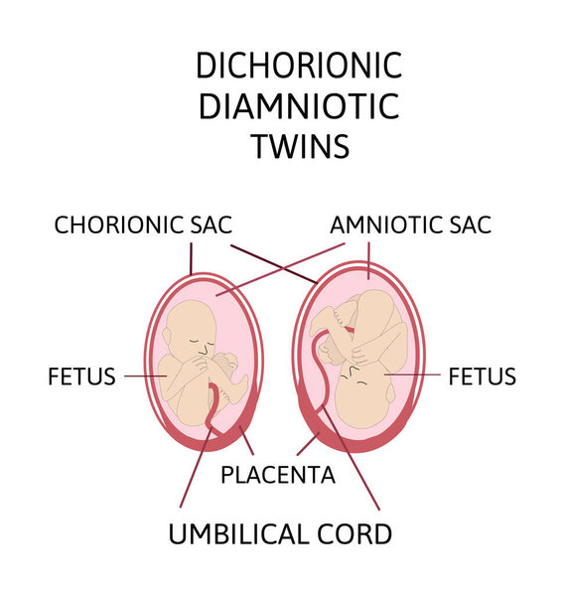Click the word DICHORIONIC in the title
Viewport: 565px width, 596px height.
coord(299,66)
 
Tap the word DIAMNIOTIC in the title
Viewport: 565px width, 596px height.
coord(299,105)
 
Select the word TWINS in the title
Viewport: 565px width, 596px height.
coord(300,146)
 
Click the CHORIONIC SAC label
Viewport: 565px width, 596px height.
coord(143,224)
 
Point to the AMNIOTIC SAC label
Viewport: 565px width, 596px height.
coord(411,224)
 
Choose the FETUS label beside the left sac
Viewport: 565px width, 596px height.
coord(81,376)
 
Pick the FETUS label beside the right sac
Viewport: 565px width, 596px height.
coord(483,376)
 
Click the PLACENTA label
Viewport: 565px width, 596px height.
coord(278,475)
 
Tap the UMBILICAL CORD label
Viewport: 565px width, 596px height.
coord(280,534)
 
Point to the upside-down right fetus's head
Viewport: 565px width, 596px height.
coord(362,395)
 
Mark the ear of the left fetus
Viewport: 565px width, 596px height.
coord(167,337)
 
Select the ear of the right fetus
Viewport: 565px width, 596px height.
coord(390,392)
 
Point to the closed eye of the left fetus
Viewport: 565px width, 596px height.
coord(195,341)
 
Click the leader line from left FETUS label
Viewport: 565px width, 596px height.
coord(146,376)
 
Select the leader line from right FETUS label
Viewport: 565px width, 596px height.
coord(412,374)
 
